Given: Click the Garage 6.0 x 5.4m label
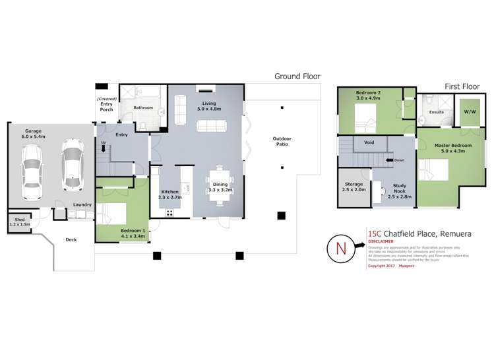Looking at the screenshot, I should tap(34, 134).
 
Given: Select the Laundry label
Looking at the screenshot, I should tap(82, 204).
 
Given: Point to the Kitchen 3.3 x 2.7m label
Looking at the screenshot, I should tap(170, 194).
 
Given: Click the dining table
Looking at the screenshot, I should tap(218, 182).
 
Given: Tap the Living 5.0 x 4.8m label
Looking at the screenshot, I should tap(209, 107).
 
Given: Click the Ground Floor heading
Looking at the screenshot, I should tap(297, 76).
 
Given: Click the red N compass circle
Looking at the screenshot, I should tap(341, 249).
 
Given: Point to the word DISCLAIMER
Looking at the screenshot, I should tap(381, 241).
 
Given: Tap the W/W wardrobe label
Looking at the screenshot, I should tap(470, 112).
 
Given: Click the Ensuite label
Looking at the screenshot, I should tap(437, 112).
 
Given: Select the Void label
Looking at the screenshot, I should tap(369, 142).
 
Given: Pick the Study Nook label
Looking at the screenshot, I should tap(398, 190).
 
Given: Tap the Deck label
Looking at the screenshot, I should tap(70, 241).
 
